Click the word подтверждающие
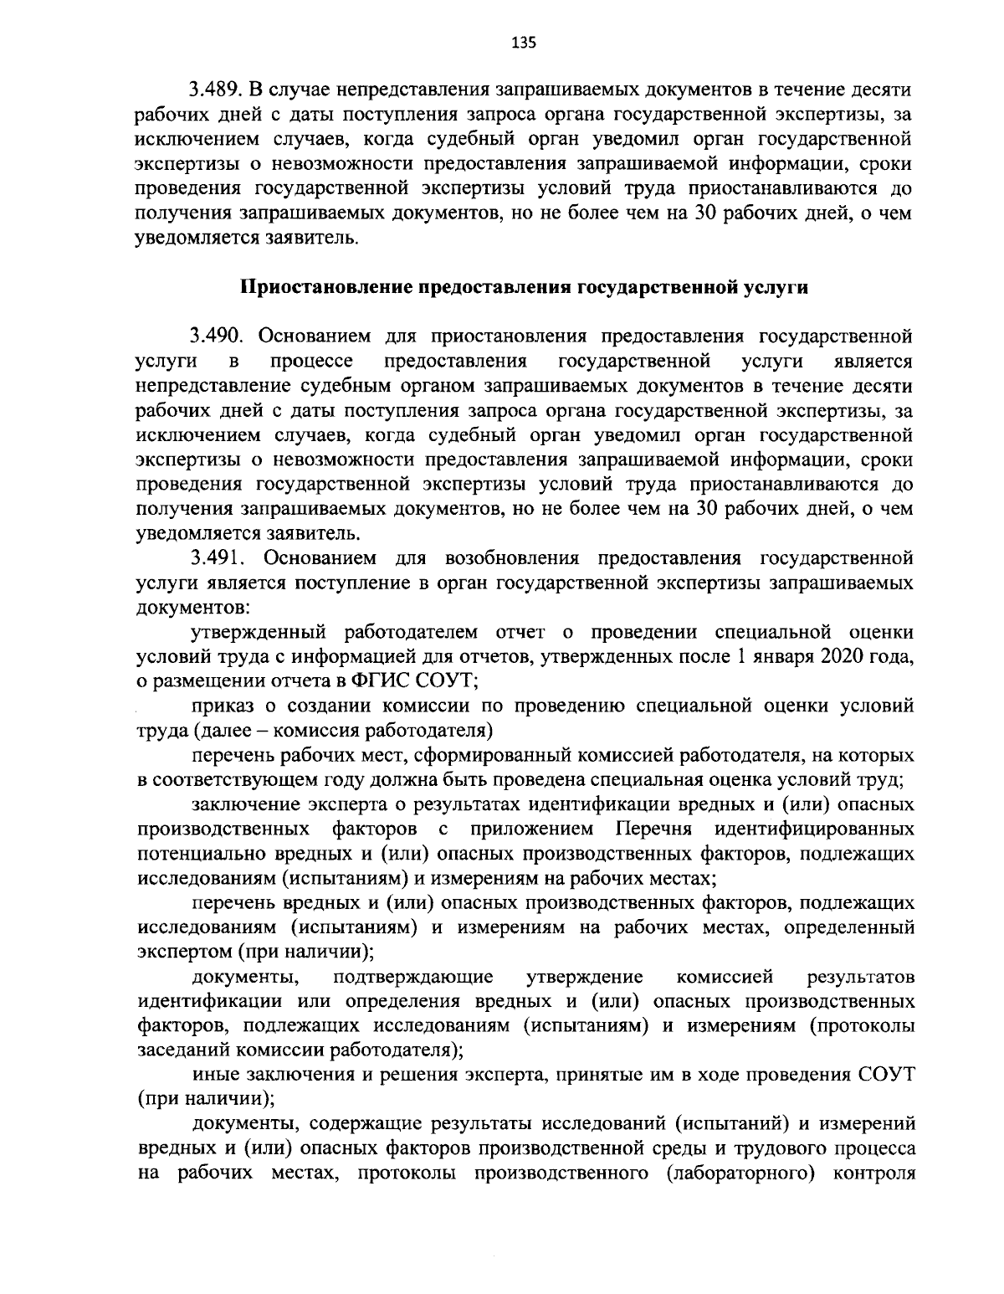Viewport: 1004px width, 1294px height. pos(412,977)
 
